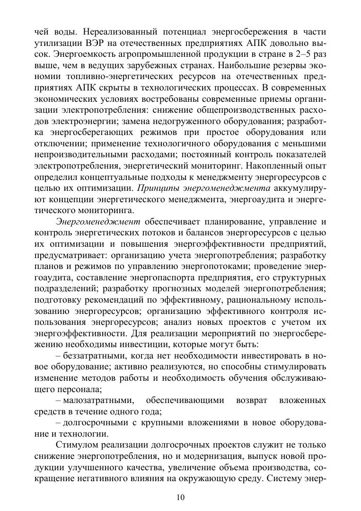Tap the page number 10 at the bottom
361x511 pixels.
click(180, 497)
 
